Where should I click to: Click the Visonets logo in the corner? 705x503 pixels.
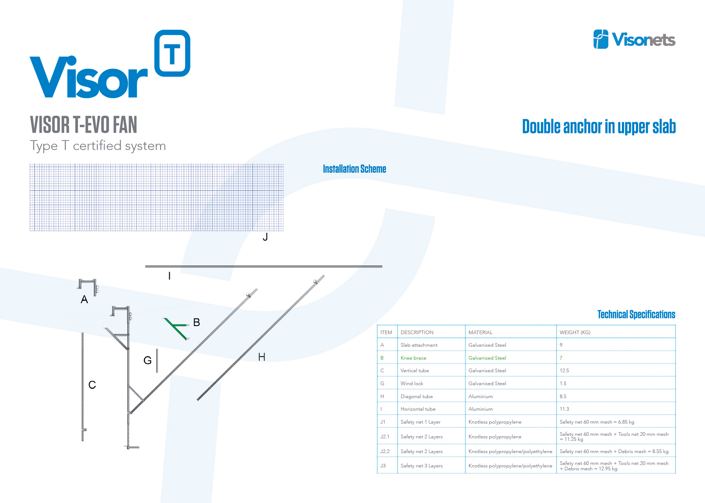click(x=634, y=40)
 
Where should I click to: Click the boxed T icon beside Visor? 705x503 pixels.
click(x=172, y=53)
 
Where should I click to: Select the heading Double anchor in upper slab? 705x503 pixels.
click(x=599, y=127)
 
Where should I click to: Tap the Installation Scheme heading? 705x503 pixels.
click(x=354, y=169)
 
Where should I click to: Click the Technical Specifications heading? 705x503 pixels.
click(x=636, y=314)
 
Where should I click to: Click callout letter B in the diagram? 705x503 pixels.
click(x=197, y=322)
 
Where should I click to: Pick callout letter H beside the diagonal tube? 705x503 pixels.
click(x=262, y=357)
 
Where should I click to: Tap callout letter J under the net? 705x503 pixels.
click(x=265, y=237)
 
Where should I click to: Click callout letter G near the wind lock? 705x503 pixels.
click(x=147, y=360)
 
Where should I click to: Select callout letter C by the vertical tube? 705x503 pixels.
click(x=92, y=385)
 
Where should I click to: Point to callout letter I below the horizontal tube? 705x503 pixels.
click(x=169, y=276)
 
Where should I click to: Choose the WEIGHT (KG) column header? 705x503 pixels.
click(x=575, y=332)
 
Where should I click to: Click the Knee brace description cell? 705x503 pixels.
click(x=413, y=358)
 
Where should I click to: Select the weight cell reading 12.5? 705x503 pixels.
click(x=564, y=370)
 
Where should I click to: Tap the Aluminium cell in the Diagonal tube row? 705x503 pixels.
click(x=481, y=396)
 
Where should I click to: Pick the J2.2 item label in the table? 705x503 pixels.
click(x=385, y=451)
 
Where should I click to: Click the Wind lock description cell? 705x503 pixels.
click(x=412, y=383)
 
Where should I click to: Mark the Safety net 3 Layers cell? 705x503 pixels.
click(x=421, y=466)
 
